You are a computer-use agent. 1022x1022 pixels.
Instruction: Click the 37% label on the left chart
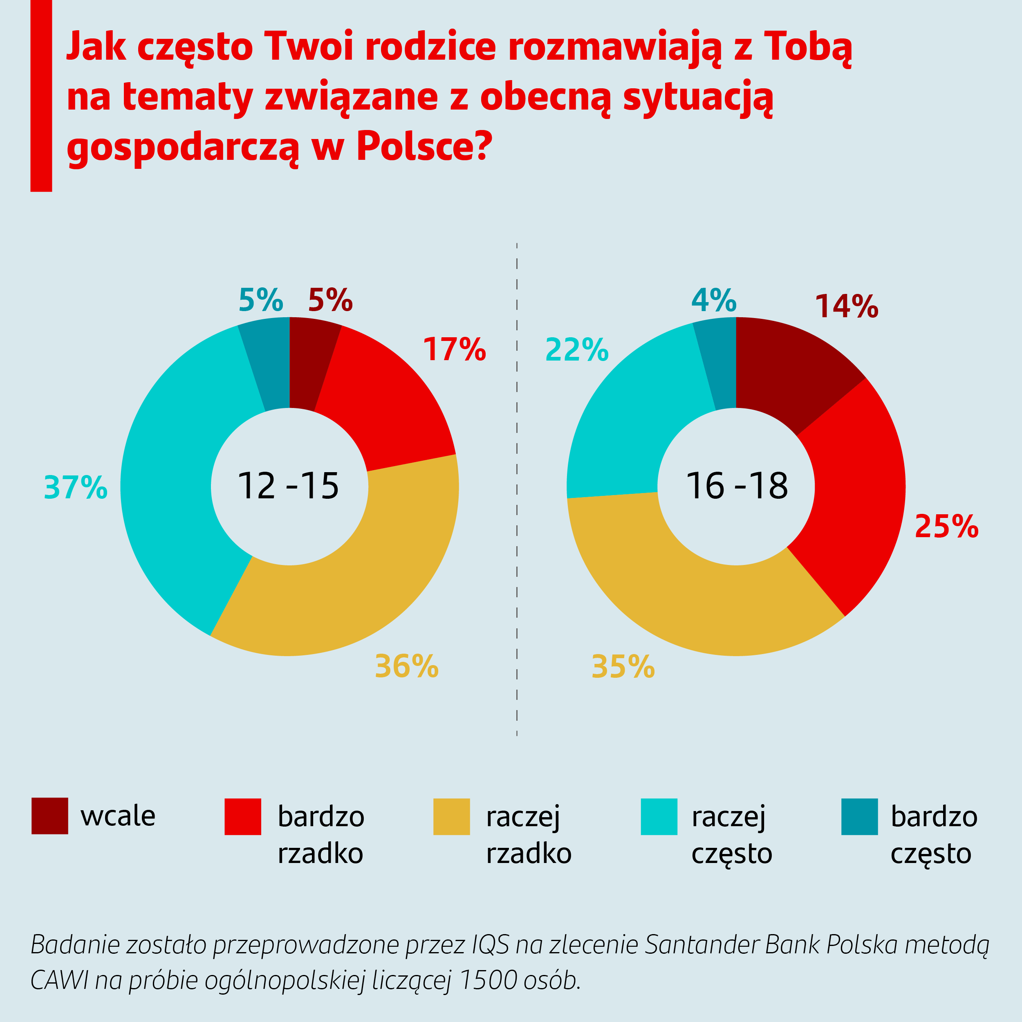click(x=76, y=487)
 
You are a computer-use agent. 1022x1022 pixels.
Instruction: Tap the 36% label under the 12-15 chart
click(x=406, y=666)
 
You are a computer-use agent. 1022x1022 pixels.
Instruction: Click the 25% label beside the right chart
click(x=946, y=527)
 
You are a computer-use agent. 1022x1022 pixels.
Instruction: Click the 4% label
click(x=714, y=300)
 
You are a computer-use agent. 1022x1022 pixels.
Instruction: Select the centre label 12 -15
click(x=288, y=486)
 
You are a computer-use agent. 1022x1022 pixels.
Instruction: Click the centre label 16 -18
click(x=736, y=486)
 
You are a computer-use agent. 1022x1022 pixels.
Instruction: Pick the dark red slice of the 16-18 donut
click(x=788, y=370)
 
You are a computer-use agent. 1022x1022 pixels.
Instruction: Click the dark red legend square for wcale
click(x=50, y=816)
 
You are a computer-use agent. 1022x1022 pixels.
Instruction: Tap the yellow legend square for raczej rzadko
click(x=451, y=817)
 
